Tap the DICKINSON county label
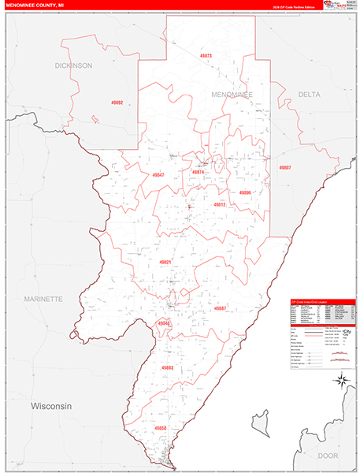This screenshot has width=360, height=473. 73,65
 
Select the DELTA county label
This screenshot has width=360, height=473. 309,95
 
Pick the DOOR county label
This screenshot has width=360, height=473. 328,456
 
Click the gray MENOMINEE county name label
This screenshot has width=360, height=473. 232,95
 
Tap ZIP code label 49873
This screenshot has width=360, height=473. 206,57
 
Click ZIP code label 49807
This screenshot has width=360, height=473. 284,168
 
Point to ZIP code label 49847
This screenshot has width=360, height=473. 158,175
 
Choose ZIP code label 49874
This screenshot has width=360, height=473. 199,172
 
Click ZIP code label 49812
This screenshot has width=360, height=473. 219,204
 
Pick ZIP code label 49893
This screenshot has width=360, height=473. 166,367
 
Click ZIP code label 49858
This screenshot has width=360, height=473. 160,428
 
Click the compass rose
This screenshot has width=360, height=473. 343,381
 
